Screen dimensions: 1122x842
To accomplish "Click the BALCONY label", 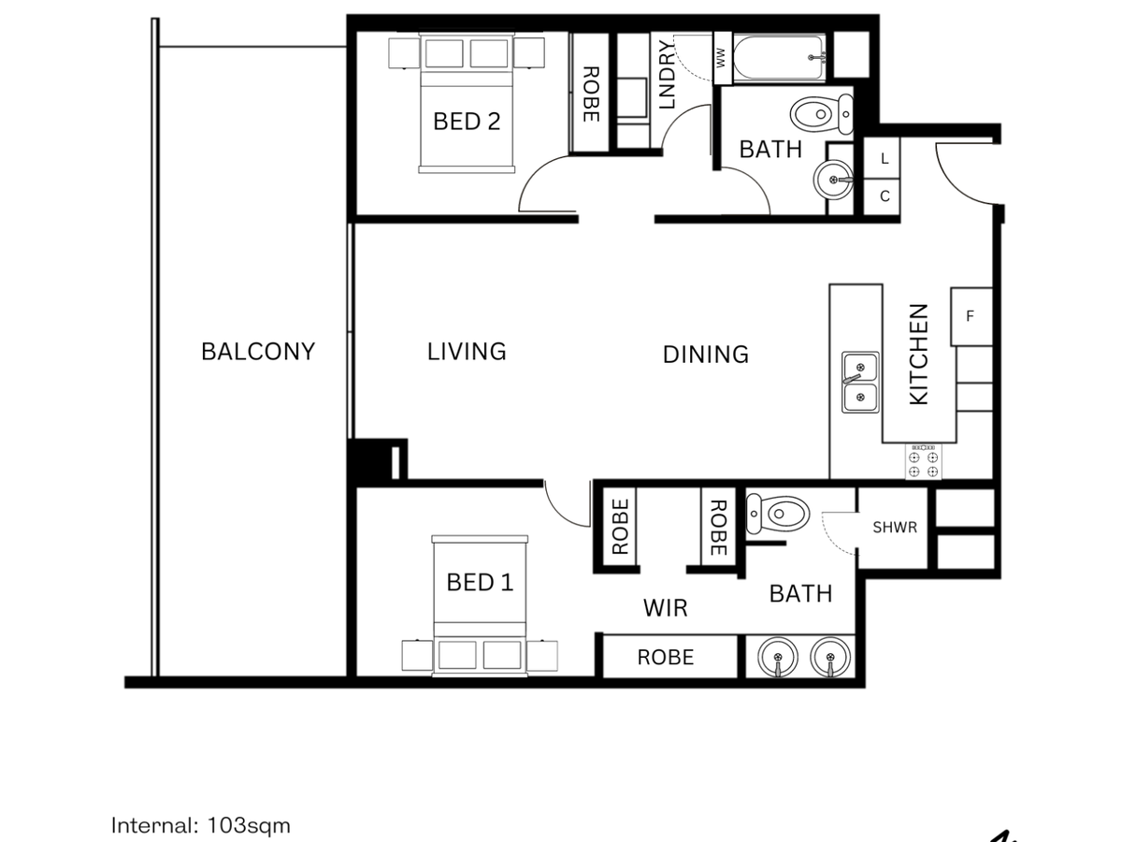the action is coord(258,351).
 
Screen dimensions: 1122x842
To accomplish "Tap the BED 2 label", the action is coord(467,122).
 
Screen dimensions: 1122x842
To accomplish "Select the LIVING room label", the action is coord(467,352).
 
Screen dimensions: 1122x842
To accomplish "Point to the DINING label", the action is coord(705,355).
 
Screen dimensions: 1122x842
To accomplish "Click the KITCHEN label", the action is coord(918,355).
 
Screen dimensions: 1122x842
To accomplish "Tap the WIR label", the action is coord(665,608).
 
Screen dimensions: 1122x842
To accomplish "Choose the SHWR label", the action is coord(895,527).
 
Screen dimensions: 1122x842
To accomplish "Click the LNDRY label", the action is coord(667,75).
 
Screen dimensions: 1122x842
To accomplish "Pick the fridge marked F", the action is coord(971,316).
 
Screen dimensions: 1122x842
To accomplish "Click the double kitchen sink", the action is coord(860,382).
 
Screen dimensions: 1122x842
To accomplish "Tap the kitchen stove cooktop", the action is coord(923,462).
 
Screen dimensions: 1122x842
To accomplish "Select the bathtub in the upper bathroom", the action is coord(779,57).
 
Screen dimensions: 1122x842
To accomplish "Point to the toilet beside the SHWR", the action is coord(778,514).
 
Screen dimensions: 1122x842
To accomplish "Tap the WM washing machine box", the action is coord(722,58).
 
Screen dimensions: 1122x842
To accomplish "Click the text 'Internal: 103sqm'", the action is coord(201,826).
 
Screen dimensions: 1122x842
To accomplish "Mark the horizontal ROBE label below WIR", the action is coord(666,657).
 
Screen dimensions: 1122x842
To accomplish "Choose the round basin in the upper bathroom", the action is coord(833,180).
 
